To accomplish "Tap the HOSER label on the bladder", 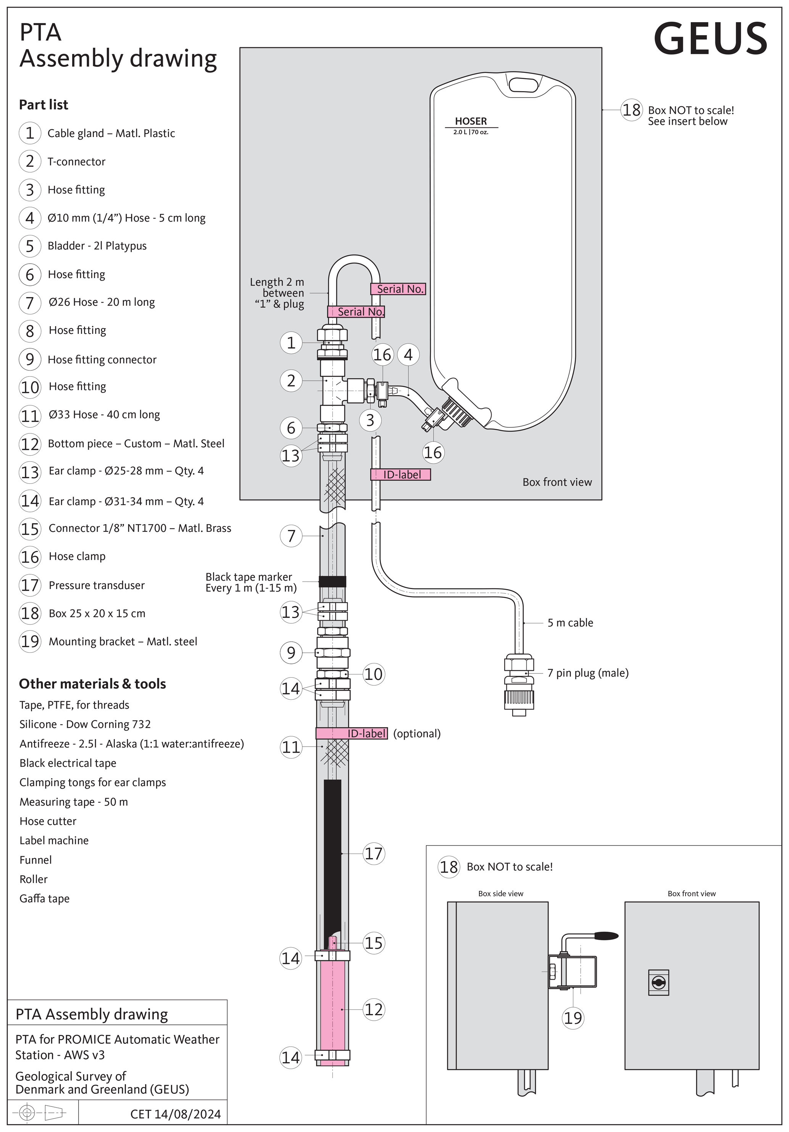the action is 471,121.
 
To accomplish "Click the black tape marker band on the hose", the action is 332,581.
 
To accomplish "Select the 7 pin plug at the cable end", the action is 519,685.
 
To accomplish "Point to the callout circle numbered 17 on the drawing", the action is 373,853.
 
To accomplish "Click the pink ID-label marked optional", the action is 352,733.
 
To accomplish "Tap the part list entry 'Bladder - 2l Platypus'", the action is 97,246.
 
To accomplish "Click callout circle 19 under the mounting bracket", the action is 573,1017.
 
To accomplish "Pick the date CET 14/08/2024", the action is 176,1114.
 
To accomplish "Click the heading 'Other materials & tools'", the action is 92,684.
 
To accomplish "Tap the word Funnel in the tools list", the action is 35,860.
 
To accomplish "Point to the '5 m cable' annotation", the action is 570,623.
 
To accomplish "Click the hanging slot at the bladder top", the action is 523,85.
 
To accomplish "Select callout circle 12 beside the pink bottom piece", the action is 373,1009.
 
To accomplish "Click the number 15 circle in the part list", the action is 30,528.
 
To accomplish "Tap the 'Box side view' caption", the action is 500,894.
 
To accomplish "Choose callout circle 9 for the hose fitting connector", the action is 291,652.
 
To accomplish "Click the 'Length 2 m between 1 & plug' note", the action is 277,293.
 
